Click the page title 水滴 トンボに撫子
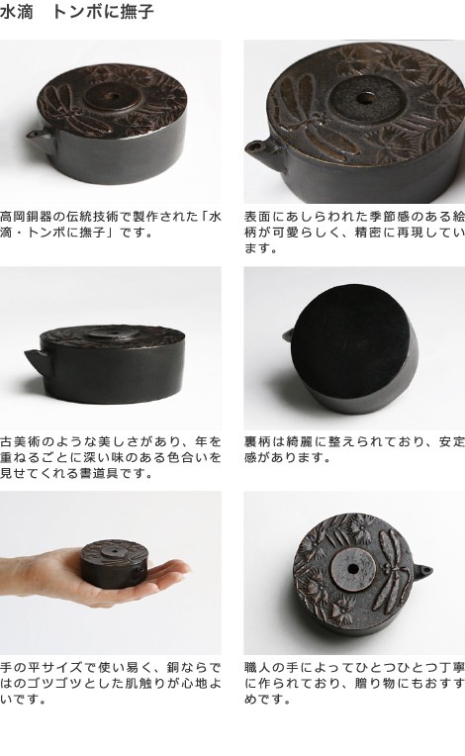(77, 12)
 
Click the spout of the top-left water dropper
(38, 139)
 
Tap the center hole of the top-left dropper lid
(114, 96)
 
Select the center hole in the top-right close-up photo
(365, 99)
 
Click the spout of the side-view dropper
(36, 358)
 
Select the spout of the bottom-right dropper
(423, 571)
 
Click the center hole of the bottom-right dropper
(353, 569)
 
